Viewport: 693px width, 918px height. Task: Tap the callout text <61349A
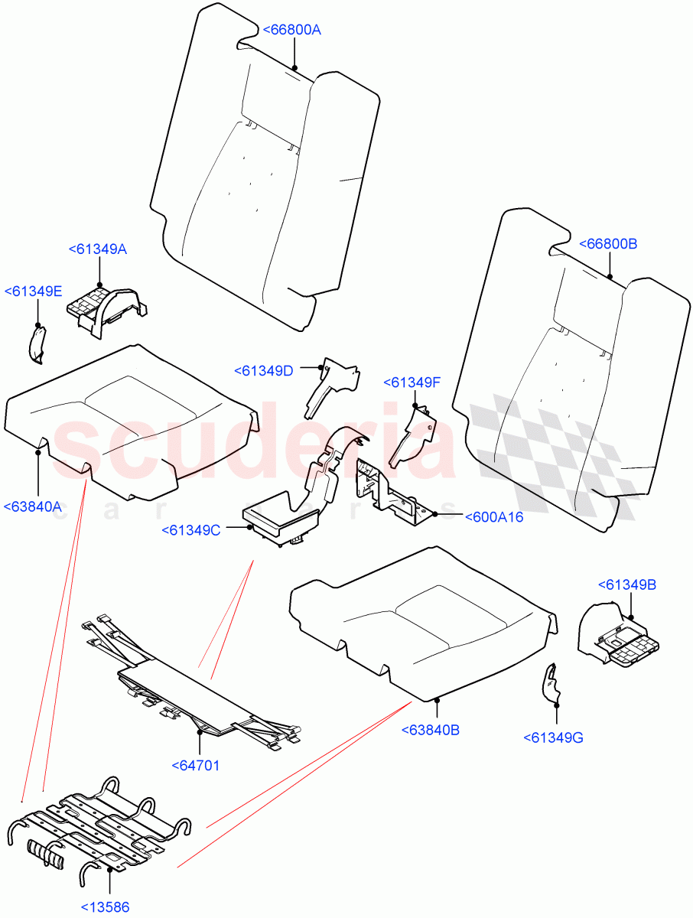[98, 249]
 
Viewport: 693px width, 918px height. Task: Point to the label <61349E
[34, 291]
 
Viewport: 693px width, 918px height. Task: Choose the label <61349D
[264, 371]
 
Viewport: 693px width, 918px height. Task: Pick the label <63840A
[33, 506]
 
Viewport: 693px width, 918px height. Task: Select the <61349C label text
[191, 530]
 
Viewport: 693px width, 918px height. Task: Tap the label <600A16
[494, 517]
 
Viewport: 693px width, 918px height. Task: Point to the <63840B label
[430, 730]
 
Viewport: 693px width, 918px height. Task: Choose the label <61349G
[554, 737]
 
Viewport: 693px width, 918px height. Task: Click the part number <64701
[195, 764]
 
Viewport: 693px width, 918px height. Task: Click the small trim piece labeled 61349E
[37, 343]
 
